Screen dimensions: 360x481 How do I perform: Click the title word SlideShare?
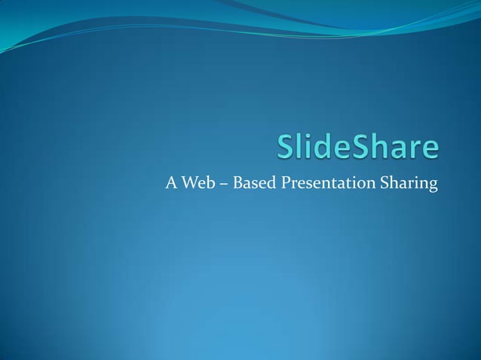pyautogui.click(x=357, y=148)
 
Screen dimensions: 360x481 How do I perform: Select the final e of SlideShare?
pyautogui.click(x=428, y=150)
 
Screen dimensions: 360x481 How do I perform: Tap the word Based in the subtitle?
pyautogui.click(x=254, y=183)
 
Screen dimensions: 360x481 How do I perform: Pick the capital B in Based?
pyautogui.click(x=238, y=183)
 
